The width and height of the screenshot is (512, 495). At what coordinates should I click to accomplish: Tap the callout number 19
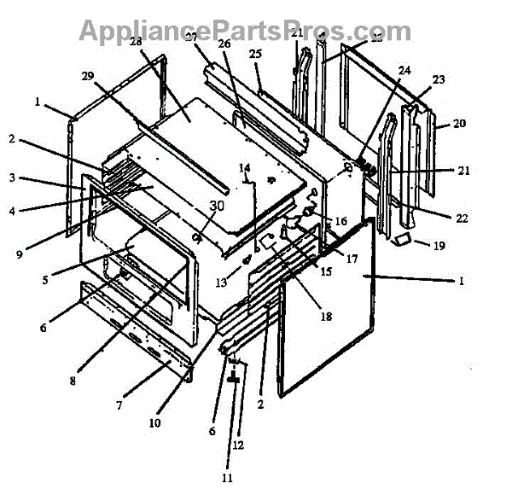click(x=439, y=246)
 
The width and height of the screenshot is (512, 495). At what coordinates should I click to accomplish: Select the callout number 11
click(x=227, y=478)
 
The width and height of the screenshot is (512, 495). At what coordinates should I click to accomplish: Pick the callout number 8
click(x=73, y=381)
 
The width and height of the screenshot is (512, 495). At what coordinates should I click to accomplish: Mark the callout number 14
click(x=244, y=167)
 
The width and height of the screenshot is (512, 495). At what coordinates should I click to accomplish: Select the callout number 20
click(x=459, y=123)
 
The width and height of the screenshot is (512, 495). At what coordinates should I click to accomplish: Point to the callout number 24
click(x=404, y=70)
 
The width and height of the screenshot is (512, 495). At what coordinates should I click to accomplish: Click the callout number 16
click(x=340, y=221)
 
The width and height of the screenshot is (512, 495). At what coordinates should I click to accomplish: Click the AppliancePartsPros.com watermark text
click(x=245, y=31)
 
